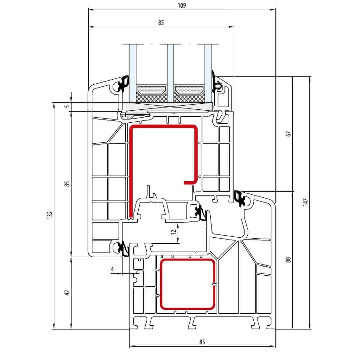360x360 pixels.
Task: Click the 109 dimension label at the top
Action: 182,6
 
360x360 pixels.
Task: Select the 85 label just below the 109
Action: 161,23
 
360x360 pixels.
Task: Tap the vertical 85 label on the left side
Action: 67,184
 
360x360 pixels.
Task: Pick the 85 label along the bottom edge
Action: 202,342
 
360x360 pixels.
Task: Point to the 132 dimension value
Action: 50,215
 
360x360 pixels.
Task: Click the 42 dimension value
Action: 67,293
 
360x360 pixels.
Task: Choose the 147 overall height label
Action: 305,202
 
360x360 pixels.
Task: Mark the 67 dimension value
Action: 289,134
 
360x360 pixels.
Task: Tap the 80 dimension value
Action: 289,260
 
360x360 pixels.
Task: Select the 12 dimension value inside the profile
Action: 174,232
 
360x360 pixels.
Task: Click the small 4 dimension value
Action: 112,269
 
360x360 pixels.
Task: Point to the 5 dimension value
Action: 67,106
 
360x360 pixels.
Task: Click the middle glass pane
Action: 170,73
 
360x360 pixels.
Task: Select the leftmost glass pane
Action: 133,73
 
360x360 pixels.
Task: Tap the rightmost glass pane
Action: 208,73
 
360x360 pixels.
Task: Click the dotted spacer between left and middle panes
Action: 152,90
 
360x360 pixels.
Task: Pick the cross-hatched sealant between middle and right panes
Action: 189,98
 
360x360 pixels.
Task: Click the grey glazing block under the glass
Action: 170,107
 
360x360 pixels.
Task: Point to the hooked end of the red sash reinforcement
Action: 191,183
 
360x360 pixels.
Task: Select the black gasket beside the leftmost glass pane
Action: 123,84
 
